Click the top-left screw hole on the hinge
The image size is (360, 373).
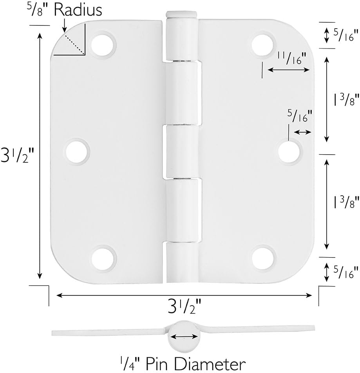(103, 44)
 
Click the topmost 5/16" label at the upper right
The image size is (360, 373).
(346, 35)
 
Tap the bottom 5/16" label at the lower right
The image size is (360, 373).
(346, 270)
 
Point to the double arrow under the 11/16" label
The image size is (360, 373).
(288, 70)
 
